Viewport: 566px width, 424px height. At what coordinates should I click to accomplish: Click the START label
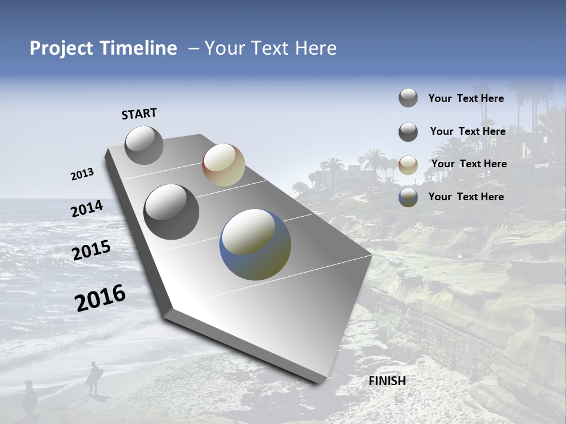139,114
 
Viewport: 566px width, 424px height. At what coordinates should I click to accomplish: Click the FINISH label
387,381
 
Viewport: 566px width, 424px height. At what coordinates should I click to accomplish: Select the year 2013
82,174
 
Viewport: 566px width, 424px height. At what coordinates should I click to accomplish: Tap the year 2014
87,209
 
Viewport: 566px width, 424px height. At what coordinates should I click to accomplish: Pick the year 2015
91,250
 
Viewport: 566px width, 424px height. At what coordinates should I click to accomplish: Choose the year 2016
100,298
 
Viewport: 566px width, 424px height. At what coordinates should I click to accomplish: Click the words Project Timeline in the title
103,48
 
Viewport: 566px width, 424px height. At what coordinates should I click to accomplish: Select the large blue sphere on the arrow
255,244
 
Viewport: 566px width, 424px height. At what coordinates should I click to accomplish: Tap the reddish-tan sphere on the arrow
223,165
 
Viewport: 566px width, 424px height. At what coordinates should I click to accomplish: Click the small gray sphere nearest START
144,145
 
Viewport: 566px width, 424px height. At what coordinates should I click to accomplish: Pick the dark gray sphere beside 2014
172,212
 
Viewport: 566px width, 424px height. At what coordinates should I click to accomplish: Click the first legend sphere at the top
408,98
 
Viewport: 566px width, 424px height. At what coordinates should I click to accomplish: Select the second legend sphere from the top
408,132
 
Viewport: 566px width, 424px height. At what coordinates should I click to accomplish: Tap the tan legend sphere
408,165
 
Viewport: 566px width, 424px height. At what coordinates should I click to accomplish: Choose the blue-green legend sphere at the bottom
408,197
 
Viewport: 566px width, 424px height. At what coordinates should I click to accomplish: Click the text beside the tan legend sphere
469,164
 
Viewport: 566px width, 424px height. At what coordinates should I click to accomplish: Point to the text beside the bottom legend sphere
466,197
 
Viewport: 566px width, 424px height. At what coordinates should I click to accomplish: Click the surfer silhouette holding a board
93,377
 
